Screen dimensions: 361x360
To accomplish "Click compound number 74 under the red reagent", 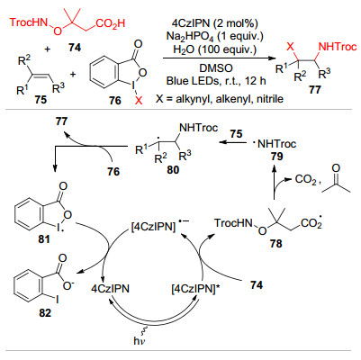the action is (75, 47).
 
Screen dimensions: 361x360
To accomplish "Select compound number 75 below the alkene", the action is (41, 100).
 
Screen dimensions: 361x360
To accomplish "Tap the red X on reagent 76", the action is (139, 102).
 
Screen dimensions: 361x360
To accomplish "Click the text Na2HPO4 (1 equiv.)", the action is (215, 36).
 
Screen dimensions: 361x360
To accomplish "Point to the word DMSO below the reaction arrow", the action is (216, 68).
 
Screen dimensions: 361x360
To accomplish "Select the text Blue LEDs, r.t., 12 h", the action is (216, 81).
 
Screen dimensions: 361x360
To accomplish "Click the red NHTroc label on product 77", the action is (337, 47).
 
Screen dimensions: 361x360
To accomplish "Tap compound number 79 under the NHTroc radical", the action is (276, 157).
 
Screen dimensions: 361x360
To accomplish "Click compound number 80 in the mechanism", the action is (172, 170).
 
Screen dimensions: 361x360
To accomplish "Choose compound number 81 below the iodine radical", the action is (44, 239).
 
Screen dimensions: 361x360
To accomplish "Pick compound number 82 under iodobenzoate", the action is (45, 313).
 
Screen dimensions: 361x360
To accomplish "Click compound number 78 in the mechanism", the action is (275, 243).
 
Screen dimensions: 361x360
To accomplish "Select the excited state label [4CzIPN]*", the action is (198, 289).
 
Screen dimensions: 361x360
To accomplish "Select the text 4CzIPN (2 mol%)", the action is (215, 23).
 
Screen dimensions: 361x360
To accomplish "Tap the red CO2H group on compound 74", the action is (111, 23).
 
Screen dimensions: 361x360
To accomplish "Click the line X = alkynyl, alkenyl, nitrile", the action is (220, 98).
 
